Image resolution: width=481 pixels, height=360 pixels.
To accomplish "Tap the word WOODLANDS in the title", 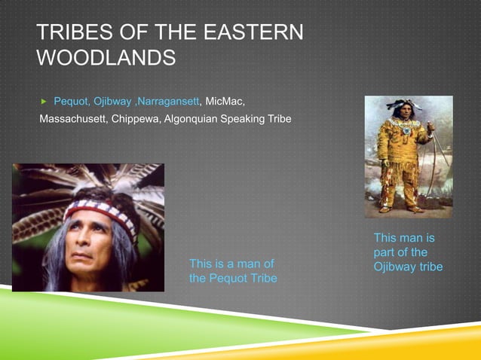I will [106, 57].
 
